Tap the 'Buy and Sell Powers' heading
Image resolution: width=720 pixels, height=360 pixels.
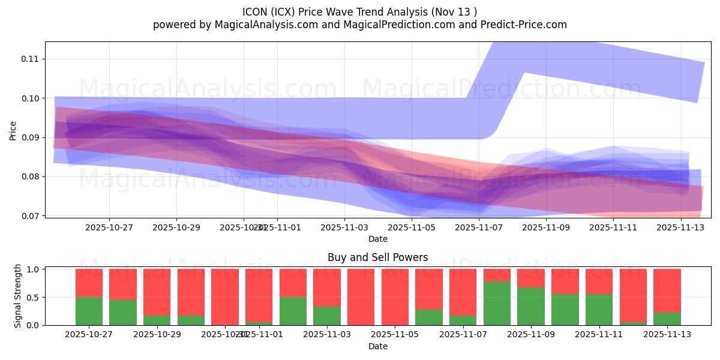click(x=377, y=257)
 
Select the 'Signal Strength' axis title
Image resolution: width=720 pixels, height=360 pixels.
click(x=18, y=296)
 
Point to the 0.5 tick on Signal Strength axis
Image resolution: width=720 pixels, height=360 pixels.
click(x=34, y=297)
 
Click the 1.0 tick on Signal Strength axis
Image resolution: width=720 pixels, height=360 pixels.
click(x=34, y=269)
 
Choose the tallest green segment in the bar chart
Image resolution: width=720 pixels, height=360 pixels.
click(x=497, y=304)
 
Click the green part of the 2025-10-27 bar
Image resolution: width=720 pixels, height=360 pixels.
click(x=89, y=311)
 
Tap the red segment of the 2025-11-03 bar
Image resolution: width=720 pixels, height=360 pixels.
click(x=327, y=287)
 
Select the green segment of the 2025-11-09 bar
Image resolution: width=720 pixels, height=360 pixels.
click(x=531, y=306)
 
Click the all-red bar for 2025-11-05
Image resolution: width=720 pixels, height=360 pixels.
click(x=395, y=297)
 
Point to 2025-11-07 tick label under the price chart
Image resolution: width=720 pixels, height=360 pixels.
click(x=479, y=227)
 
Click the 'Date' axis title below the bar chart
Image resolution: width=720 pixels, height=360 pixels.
click(x=377, y=346)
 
